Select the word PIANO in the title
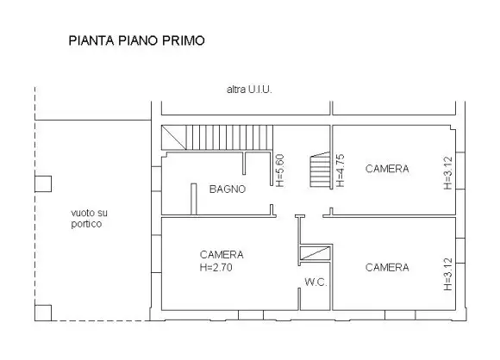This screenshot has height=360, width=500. [x=135, y=40]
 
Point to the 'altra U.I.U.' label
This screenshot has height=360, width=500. [x=249, y=89]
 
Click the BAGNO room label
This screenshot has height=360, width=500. [x=228, y=189]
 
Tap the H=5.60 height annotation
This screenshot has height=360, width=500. [x=279, y=171]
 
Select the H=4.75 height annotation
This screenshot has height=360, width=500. [x=341, y=171]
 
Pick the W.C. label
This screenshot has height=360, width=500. [x=315, y=282]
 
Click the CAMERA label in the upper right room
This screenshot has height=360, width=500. [x=387, y=169]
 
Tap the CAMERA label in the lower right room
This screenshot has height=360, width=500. [x=387, y=268]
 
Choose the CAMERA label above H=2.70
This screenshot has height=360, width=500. [x=222, y=255]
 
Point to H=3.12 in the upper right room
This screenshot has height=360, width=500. [x=447, y=172]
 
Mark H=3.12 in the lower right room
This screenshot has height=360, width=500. [x=447, y=273]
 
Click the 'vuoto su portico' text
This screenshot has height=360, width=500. [x=86, y=219]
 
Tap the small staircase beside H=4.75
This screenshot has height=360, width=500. [x=321, y=171]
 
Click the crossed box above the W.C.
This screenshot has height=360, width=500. [x=316, y=252]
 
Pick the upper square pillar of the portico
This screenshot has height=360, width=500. [x=41, y=183]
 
